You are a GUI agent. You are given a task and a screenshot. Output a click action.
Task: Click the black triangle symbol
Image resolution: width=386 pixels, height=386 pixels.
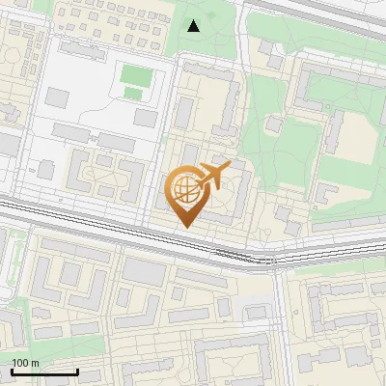(x=193, y=26)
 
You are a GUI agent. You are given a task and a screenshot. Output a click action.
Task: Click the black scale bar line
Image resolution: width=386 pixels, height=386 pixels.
(x=44, y=372)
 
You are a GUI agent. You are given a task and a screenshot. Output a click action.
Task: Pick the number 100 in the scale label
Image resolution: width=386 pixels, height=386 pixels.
(x=19, y=363)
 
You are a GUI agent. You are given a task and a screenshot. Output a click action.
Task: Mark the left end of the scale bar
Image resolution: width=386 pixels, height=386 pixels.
(x=13, y=372)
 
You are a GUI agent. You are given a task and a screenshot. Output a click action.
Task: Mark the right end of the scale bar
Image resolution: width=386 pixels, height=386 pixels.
(x=77, y=372)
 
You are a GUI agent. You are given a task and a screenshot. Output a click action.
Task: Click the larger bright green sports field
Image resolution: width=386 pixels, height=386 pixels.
(x=135, y=74)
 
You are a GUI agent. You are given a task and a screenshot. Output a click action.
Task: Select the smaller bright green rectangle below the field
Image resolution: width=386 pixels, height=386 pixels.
(x=132, y=93)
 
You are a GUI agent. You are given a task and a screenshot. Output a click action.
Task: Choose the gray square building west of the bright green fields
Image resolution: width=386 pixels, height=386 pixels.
(x=58, y=97)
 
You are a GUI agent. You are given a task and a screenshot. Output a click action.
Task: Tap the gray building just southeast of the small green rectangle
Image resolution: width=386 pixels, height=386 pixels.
(x=146, y=118)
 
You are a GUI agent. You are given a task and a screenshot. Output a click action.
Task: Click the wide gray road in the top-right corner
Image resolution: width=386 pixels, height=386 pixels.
(x=328, y=19)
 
